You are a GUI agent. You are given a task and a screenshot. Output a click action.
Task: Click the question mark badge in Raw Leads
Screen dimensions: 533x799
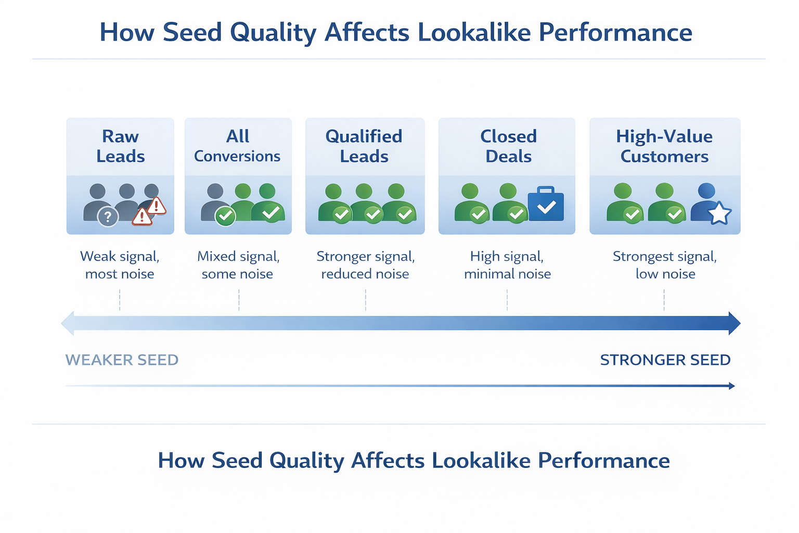(108, 217)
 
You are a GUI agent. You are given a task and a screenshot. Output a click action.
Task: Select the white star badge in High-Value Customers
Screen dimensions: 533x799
(719, 213)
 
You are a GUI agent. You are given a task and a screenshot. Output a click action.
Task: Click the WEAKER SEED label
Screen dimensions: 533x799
(122, 360)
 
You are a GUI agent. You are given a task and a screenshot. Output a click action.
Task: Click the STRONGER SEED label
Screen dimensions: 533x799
(665, 360)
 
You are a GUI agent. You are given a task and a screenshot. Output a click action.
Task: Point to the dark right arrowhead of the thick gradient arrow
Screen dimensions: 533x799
(734, 323)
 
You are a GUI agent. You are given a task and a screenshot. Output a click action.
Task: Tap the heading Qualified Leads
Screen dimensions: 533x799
(364, 146)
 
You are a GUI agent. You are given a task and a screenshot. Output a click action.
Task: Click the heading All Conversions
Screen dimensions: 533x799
(237, 146)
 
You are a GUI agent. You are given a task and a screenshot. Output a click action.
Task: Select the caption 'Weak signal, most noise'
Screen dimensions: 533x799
(120, 265)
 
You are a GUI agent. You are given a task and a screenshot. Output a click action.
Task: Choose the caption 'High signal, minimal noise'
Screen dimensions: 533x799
(507, 265)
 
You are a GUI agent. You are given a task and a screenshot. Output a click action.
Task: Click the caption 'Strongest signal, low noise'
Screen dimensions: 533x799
(665, 265)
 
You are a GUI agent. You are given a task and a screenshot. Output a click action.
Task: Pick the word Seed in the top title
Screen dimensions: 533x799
(192, 32)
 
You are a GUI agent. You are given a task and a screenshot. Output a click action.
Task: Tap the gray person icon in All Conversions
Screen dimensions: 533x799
(214, 202)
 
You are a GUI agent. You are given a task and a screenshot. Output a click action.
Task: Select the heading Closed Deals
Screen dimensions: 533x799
(508, 146)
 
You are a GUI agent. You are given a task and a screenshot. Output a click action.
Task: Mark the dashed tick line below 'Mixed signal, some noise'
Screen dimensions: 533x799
(239, 300)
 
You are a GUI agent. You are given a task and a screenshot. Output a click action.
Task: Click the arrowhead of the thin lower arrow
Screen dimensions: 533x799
(732, 386)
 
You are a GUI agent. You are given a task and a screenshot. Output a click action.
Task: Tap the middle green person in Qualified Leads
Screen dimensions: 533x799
(364, 203)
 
